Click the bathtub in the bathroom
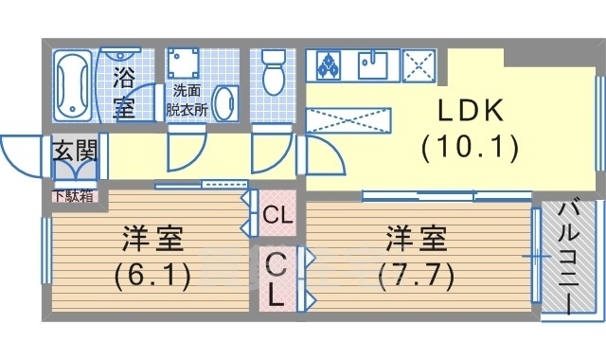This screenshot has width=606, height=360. point(73,85)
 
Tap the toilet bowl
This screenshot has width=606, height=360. point(274,73)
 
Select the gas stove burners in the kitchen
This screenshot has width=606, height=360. point(329,65)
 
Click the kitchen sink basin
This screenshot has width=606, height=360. point(372,65)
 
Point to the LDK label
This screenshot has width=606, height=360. point(471,111)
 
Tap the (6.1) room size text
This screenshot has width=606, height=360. point(152,277)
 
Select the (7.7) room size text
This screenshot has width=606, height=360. point(416,277)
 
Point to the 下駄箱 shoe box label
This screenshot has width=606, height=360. point(74,197)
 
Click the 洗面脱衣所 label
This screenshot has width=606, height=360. point(187,100)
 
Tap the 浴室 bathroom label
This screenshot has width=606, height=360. point(124,93)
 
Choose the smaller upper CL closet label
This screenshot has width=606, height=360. point(277,215)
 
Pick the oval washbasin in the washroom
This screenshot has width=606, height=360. point(225,103)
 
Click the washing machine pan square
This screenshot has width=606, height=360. point(183,63)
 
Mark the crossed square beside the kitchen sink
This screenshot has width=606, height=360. point(419,65)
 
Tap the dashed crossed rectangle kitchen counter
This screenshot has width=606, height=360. point(348,120)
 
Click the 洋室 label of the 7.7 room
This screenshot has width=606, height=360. point(417,239)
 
